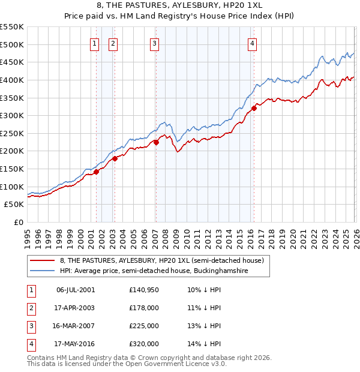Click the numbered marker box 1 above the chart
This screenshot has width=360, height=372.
(95, 43)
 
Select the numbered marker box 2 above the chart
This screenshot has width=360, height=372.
(113, 43)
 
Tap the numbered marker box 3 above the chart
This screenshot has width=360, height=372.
(155, 43)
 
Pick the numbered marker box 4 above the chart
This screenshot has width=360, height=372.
(253, 43)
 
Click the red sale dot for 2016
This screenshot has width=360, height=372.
(254, 108)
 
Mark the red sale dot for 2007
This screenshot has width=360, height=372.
(156, 142)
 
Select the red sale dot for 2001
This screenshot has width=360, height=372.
(96, 172)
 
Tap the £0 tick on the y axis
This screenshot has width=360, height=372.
(18, 222)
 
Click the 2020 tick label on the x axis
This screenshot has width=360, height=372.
(293, 236)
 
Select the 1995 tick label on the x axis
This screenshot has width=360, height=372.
(28, 236)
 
